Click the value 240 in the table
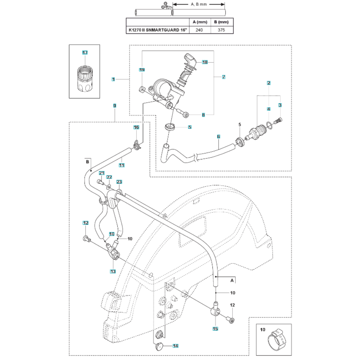point(199,30)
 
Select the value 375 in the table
point(221,30)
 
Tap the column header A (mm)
point(199,22)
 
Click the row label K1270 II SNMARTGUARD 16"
point(158,30)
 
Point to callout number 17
point(85,53)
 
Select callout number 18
point(205,62)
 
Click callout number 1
point(113,79)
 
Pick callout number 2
point(269,83)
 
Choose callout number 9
point(114,106)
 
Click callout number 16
point(136,127)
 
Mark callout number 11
point(122,165)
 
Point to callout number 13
point(113,271)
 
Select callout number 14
point(175,346)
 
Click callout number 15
point(216,328)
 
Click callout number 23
point(119,183)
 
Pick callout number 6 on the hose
point(218,137)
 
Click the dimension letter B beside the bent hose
point(87,162)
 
